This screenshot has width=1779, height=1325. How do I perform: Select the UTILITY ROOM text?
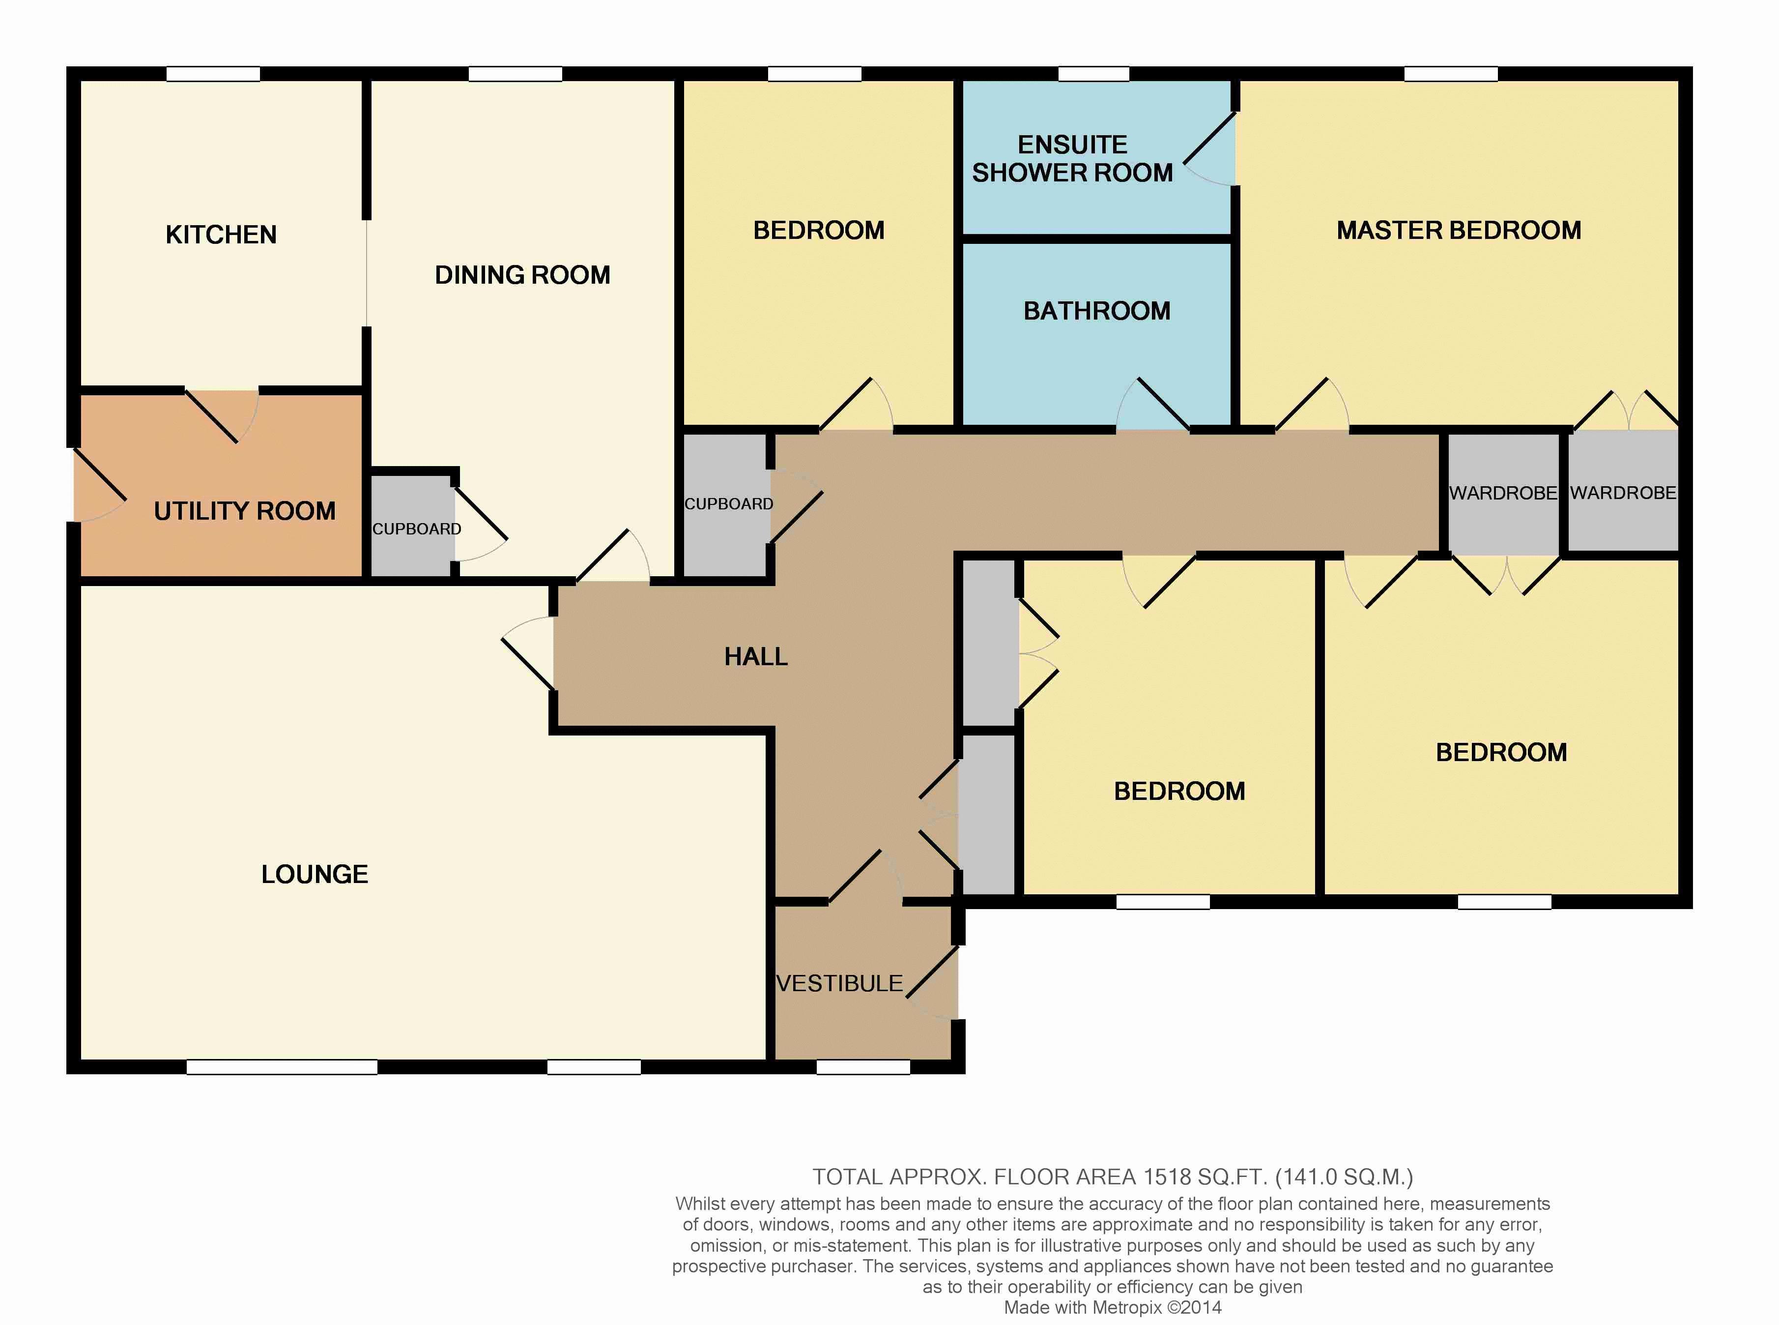tap(245, 511)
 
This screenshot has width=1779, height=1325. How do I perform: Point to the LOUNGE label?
tap(314, 874)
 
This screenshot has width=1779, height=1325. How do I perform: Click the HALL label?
tap(755, 657)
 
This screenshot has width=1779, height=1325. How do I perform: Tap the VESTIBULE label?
tap(839, 983)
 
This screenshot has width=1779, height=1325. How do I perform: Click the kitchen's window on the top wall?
tap(213, 74)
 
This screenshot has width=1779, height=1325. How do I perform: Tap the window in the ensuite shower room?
tap(1093, 74)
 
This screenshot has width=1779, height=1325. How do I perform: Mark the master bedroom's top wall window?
tap(1451, 74)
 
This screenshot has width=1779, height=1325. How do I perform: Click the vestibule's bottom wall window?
tap(863, 1067)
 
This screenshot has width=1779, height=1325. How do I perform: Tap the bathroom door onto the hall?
tap(1153, 404)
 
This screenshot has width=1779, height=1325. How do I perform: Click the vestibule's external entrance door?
tap(932, 983)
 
